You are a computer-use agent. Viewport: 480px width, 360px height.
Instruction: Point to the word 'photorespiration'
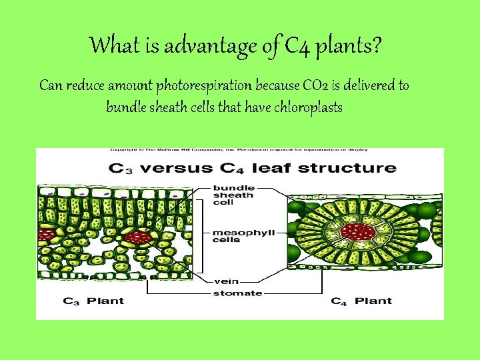203,86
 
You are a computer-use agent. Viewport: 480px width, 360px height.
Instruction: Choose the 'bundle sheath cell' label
233,195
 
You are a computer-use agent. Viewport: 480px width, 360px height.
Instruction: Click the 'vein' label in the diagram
223,281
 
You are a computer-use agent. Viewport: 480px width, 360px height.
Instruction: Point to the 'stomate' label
237,293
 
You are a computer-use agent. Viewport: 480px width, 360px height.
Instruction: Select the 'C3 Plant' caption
93,301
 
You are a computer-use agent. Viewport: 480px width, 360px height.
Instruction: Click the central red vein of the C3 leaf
139,237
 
